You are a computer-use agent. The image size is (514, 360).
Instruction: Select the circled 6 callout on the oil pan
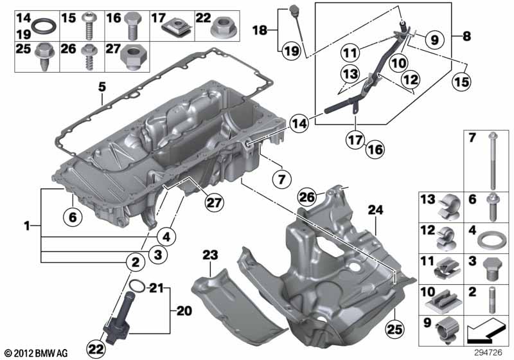point(73,218)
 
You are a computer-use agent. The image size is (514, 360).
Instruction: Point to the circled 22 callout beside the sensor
point(97,348)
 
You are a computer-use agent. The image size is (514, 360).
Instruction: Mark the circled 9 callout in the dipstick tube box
point(434,40)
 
